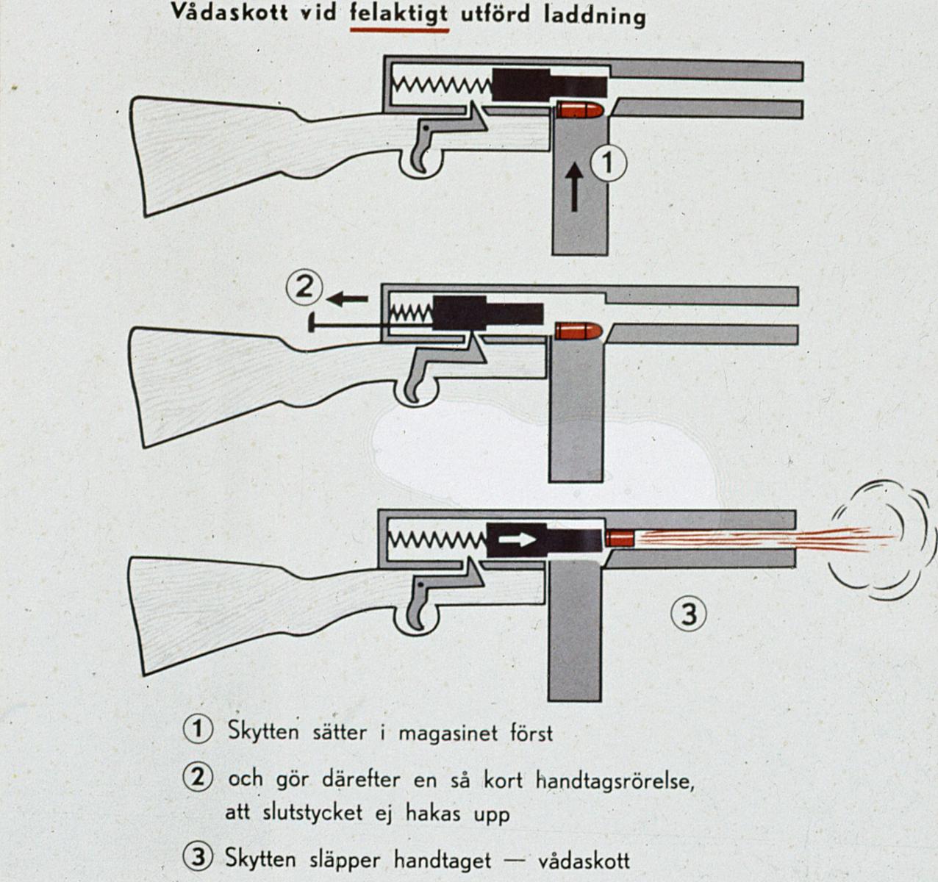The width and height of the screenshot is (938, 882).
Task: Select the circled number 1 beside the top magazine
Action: (x=609, y=163)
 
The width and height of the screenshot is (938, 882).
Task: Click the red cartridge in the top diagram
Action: (x=579, y=110)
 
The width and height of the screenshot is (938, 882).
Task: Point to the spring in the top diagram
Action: (x=443, y=85)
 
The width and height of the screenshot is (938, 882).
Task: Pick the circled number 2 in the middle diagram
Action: (x=304, y=287)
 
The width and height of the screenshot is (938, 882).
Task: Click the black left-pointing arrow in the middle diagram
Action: (x=347, y=299)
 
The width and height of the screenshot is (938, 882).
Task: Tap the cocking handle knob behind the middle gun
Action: (x=311, y=322)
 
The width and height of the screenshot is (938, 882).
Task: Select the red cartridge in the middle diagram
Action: (x=579, y=331)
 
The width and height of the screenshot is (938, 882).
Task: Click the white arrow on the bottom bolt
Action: (x=518, y=539)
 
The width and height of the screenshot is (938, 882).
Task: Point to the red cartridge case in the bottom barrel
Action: (x=619, y=538)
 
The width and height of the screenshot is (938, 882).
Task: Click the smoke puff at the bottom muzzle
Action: (x=882, y=540)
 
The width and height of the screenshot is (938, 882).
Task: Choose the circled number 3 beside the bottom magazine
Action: (x=689, y=614)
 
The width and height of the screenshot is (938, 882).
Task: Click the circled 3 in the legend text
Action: (x=198, y=858)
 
